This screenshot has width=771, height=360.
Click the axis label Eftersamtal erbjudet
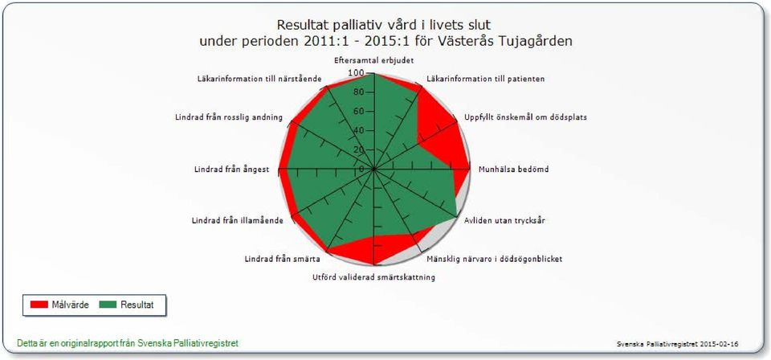point(373,61)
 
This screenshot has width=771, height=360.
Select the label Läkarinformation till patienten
point(485,79)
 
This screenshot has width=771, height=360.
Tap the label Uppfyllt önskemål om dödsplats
point(525,117)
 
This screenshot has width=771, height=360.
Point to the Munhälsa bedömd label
point(513,170)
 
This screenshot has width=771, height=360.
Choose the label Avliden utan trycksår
point(504,221)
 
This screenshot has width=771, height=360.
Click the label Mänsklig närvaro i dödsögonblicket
point(494,259)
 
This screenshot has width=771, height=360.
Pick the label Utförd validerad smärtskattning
point(373,277)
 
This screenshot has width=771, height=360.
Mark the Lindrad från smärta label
point(283,260)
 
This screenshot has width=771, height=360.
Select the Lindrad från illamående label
point(238,221)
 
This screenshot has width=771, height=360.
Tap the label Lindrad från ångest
point(231,170)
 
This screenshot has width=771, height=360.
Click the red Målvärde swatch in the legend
point(39,305)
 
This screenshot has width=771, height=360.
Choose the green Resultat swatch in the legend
point(108,305)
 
